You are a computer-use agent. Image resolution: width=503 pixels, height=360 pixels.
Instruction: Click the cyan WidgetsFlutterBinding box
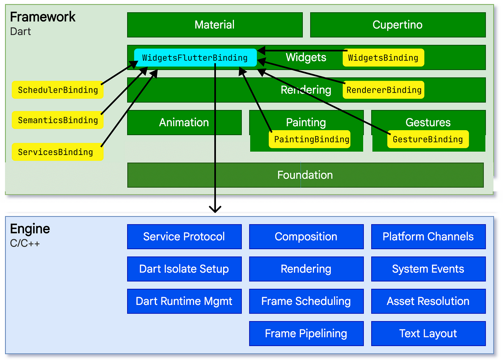point(195,58)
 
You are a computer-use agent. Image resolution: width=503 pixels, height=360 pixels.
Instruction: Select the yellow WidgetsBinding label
point(383,58)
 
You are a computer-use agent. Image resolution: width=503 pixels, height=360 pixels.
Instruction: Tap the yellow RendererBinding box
point(383,90)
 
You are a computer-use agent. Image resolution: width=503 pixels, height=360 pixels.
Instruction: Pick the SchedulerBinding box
point(57,90)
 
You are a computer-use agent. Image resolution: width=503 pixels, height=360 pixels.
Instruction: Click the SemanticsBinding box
point(57,120)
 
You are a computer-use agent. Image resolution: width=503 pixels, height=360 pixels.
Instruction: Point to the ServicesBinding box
point(57,152)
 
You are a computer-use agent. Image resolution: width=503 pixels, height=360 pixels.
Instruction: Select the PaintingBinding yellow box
point(309,139)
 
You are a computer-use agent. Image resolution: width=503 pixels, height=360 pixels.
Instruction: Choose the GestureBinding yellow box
point(428,139)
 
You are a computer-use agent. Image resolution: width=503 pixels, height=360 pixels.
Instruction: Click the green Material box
point(215,25)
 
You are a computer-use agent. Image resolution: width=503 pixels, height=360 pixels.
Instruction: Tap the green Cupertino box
point(398,25)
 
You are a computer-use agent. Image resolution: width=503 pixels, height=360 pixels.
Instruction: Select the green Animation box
point(184,123)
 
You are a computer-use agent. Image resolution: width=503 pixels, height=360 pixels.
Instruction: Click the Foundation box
point(305,175)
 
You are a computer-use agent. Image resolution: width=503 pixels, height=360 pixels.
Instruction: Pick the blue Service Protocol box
point(184,237)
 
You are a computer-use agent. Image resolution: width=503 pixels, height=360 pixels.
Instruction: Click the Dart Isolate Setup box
point(184,269)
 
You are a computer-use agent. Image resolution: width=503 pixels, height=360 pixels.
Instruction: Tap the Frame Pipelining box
point(306,333)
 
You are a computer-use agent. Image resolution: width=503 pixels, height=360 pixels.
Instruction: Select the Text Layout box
point(428,333)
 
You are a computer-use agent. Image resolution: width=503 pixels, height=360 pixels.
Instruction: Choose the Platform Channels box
point(428,237)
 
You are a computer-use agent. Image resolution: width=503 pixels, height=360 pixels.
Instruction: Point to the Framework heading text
point(43,17)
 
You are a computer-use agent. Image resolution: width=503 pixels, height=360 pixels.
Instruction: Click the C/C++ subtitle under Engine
point(25,243)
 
